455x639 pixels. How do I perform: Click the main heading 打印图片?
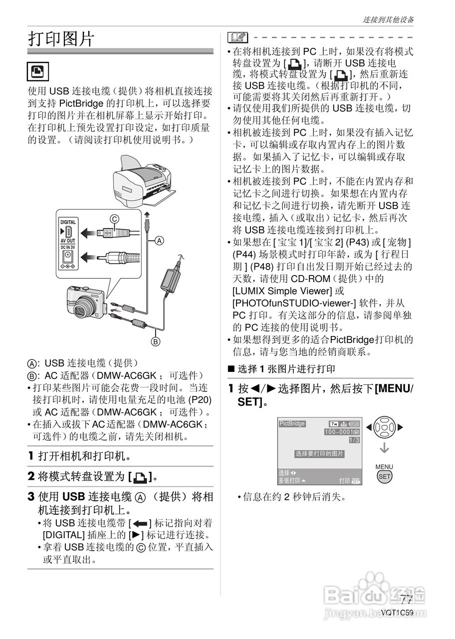[61, 38]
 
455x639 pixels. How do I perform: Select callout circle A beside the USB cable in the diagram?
[159, 240]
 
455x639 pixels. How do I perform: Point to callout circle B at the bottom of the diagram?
[156, 342]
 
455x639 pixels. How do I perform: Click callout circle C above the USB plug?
[115, 218]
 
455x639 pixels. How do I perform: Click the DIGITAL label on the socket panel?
[68, 222]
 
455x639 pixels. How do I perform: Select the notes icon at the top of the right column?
[237, 37]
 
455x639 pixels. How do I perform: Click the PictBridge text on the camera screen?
[292, 423]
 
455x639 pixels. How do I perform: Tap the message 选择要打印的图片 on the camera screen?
[319, 454]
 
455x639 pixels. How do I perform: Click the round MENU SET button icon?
[384, 476]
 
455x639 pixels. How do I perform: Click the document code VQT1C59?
[397, 613]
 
